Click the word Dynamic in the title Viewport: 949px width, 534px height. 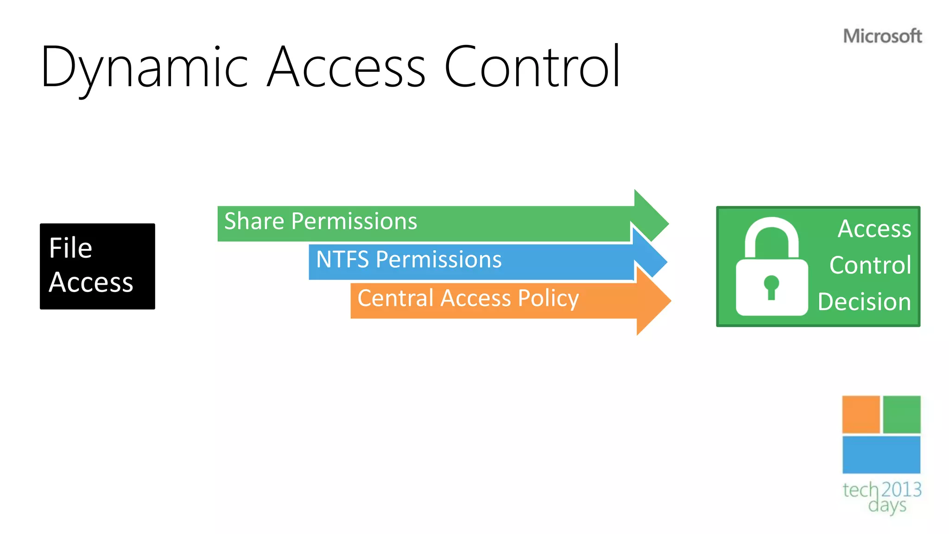[145, 67]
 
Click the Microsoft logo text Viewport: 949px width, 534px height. [882, 36]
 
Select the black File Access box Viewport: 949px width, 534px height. [97, 266]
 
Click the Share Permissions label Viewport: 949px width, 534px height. [321, 221]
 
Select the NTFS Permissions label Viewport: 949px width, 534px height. [409, 260]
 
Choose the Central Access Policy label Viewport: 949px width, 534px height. [468, 298]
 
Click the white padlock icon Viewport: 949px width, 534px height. [772, 269]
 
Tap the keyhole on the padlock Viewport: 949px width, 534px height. [771, 286]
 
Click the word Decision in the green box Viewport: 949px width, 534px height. [864, 302]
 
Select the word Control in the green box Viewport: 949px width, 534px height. [870, 265]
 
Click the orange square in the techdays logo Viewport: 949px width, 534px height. [860, 414]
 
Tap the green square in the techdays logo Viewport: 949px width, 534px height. [902, 414]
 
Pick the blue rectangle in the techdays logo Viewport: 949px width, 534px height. [881, 454]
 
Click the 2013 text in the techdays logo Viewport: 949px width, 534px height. [901, 489]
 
